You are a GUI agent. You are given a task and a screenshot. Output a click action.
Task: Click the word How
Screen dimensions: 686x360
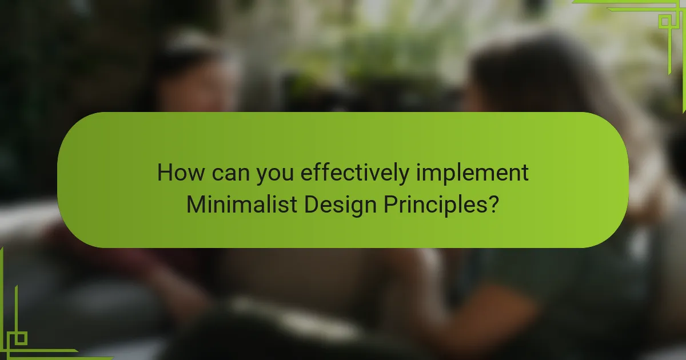click(x=181, y=173)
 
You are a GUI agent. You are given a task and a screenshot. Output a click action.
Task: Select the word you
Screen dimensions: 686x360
click(x=275, y=175)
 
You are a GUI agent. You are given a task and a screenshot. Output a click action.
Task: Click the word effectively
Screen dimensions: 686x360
click(x=355, y=174)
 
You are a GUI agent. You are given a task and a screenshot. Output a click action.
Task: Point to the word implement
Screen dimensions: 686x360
click(x=472, y=174)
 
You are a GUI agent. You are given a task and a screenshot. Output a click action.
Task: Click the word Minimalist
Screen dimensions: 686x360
click(x=242, y=204)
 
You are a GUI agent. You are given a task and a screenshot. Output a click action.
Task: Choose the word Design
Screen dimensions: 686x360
click(x=340, y=206)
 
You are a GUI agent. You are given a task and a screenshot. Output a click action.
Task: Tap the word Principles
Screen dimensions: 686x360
click(x=435, y=206)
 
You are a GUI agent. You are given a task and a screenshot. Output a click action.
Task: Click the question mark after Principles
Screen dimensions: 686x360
click(x=493, y=204)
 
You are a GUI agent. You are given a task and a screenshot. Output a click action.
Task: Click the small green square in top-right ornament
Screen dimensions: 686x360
click(x=665, y=22)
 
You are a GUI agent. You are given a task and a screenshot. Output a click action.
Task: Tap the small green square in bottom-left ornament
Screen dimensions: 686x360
click(x=21, y=338)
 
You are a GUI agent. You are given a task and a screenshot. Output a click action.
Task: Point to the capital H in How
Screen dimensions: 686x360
click(x=165, y=173)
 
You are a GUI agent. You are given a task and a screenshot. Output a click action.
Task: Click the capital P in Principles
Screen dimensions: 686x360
click(x=390, y=204)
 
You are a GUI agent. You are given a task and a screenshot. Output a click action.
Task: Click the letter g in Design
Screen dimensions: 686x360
click(x=354, y=208)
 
